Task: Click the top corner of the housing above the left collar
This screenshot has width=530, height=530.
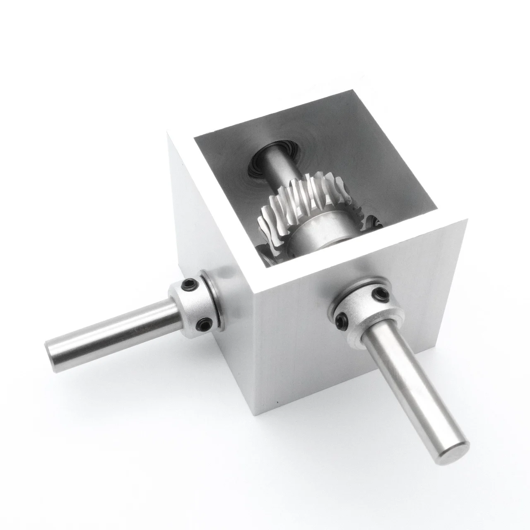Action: coord(168,132)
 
